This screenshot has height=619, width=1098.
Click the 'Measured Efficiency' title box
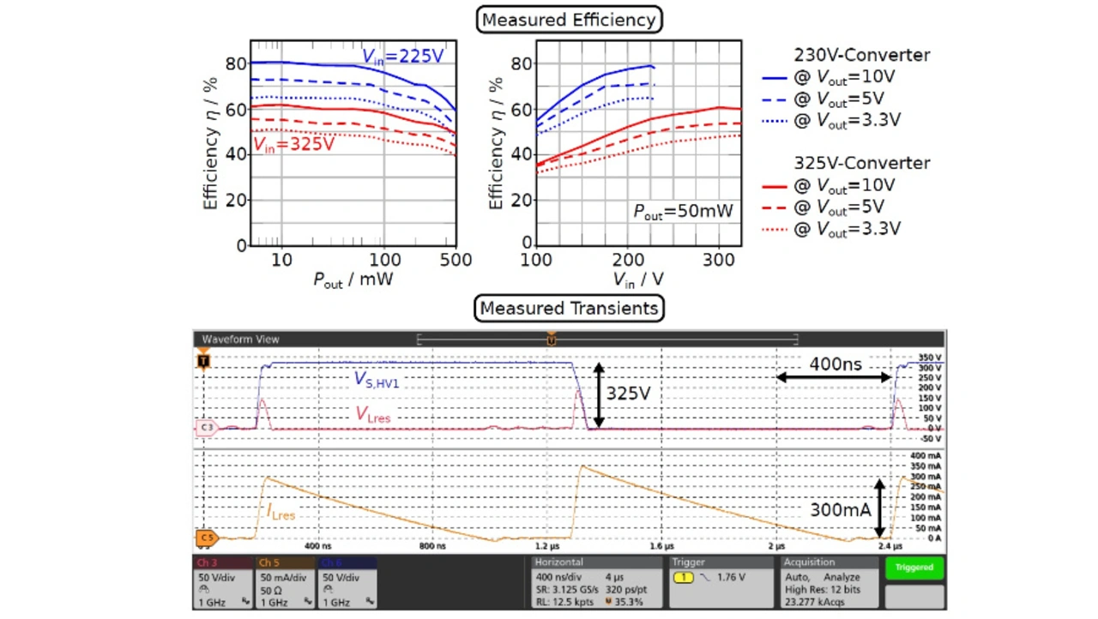570,19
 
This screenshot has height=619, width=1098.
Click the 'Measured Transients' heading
569,308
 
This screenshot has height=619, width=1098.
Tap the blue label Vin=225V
402,57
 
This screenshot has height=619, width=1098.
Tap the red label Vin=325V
293,143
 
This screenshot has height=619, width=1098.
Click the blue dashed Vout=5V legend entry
829,99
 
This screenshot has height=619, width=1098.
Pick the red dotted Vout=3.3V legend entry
830,229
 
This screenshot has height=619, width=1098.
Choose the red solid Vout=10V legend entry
830,185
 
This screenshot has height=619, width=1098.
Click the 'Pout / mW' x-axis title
353,279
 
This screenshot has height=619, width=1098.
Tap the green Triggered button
914,568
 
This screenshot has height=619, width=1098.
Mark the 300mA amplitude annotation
841,509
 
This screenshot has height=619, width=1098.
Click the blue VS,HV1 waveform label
376,381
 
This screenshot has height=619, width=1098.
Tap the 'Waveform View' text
240,340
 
